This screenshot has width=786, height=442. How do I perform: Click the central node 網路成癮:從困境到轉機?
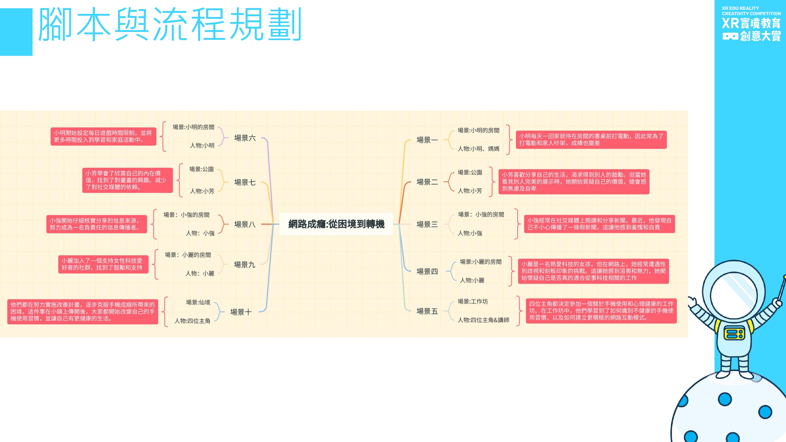pyautogui.click(x=336, y=224)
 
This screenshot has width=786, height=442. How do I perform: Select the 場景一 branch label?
pyautogui.click(x=427, y=140)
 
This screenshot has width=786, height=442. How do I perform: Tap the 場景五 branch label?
pyautogui.click(x=427, y=311)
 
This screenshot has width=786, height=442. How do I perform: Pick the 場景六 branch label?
pyautogui.click(x=245, y=138)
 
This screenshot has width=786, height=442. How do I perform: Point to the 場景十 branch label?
pyautogui.click(x=241, y=312)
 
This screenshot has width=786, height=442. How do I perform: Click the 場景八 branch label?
pyautogui.click(x=245, y=224)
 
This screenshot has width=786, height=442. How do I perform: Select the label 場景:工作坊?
pyautogui.click(x=472, y=301)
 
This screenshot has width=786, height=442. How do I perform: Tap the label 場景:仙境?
pyautogui.click(x=198, y=302)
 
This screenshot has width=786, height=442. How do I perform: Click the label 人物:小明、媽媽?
pyautogui.click(x=478, y=149)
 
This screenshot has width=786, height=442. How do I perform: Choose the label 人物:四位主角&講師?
pyautogui.click(x=483, y=320)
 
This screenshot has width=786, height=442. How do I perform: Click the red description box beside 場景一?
pyautogui.click(x=591, y=140)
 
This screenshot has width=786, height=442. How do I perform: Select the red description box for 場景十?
pyautogui.click(x=83, y=311)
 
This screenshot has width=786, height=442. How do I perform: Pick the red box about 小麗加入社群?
pyautogui.click(x=103, y=264)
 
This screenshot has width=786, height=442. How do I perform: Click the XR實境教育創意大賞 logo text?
pyautogui.click(x=751, y=29)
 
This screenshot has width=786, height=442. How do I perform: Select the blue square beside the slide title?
pyautogui.click(x=16, y=32)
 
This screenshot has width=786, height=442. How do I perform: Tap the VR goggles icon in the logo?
pyautogui.click(x=730, y=37)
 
